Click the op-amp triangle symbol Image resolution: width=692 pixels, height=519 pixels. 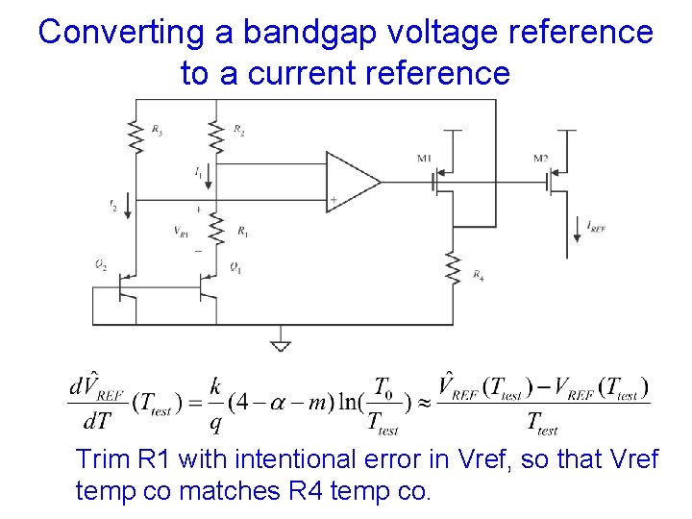pyautogui.click(x=352, y=181)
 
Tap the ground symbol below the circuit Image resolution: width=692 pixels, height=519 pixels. pyautogui.click(x=281, y=345)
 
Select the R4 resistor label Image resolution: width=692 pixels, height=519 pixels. pyautogui.click(x=479, y=275)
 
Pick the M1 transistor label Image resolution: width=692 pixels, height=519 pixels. pyautogui.click(x=425, y=158)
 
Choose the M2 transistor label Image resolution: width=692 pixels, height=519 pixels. pyautogui.click(x=541, y=158)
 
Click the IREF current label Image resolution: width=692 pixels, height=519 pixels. pyautogui.click(x=595, y=227)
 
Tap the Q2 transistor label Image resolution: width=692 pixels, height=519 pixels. pyautogui.click(x=101, y=265)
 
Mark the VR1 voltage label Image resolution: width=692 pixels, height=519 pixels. pyautogui.click(x=182, y=231)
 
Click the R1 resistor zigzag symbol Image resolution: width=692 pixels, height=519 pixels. pyautogui.click(x=217, y=230)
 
